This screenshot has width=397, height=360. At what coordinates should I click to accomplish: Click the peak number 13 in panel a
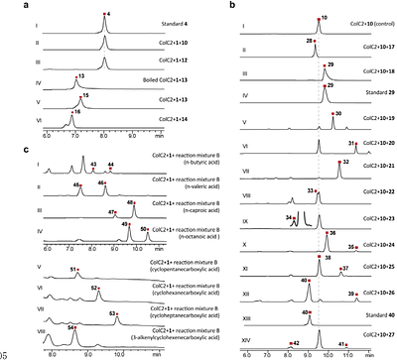click(x=80, y=75)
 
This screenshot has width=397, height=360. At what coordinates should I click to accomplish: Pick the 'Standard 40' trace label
click(x=377, y=315)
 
